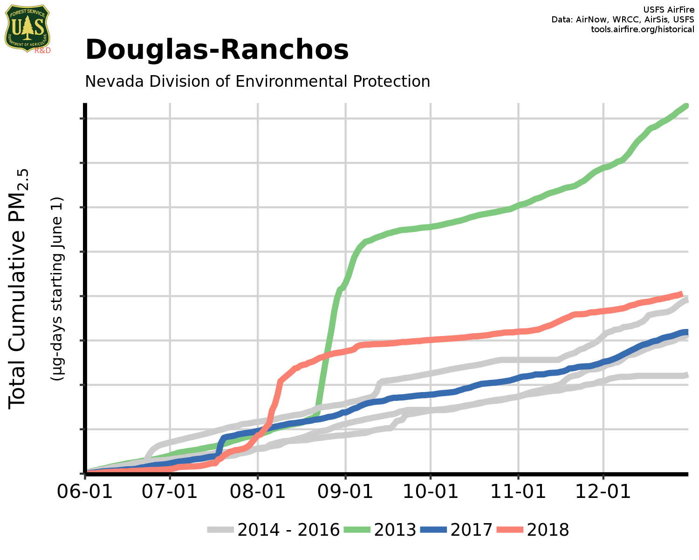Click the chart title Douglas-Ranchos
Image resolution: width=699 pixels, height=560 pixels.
pos(217,50)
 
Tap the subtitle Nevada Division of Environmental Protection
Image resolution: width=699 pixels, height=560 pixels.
pos(257,81)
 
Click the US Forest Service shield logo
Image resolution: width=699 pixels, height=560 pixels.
pos(27,28)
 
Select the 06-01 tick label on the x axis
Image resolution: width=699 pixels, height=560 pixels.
pos(85,491)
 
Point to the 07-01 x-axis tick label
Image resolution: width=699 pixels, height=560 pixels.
pos(170,491)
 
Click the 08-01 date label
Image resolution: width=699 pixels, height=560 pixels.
pos(258,491)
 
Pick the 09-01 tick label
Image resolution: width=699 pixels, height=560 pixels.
pos(345,491)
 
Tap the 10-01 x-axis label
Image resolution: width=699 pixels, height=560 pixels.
pos(431,491)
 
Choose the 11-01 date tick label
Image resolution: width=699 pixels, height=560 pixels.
pos(518,491)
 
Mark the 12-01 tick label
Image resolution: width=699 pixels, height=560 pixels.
pos(603,491)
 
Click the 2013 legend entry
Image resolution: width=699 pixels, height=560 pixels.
pos(380,530)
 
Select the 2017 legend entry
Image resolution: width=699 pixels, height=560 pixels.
pos(456,530)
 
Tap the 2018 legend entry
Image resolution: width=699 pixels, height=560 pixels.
pos(533,530)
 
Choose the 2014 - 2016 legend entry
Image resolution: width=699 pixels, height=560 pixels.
pos(273,530)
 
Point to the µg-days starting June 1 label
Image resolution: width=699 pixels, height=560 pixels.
pos(57,288)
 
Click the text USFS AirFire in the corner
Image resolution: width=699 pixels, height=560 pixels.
pos(668,10)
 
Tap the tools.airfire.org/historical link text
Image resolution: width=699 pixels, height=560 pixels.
pos(642,29)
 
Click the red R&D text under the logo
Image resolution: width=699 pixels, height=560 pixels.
pos(42,50)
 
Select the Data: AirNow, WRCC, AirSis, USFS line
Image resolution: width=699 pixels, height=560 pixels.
pos(623,20)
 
